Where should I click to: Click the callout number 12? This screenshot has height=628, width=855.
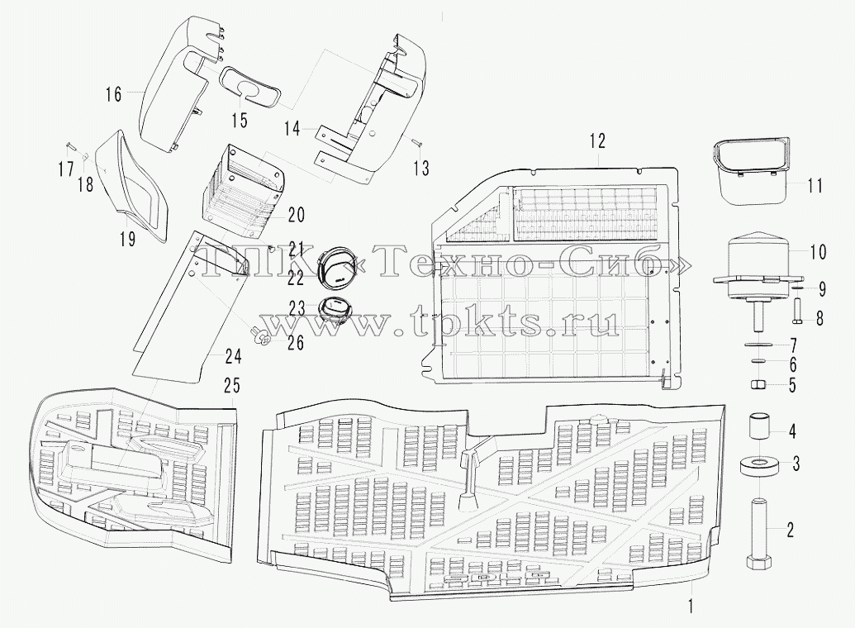coord(597,140)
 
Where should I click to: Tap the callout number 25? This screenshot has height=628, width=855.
coord(232,386)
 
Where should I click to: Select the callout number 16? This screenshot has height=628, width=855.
coord(113,94)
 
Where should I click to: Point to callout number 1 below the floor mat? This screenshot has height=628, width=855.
coord(691,606)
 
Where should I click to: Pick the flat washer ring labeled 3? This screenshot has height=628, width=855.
coord(758,467)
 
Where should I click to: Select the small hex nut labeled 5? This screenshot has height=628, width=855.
coord(758,385)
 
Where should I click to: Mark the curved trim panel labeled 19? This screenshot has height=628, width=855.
coord(130,186)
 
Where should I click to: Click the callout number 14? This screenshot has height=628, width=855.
coord(292,129)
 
